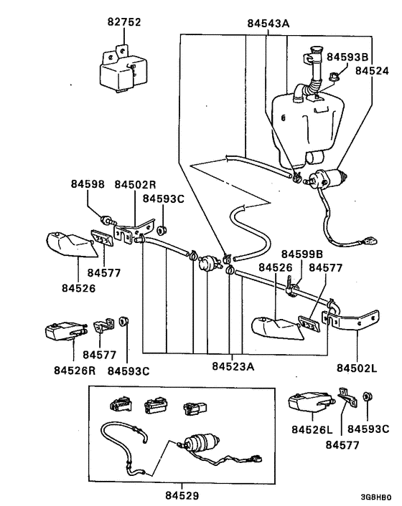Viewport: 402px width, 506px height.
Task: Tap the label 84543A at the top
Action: [x=267, y=24]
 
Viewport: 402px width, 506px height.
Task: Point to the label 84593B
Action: [x=347, y=56]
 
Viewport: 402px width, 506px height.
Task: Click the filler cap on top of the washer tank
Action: [x=314, y=52]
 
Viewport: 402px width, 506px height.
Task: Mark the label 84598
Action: [x=88, y=184]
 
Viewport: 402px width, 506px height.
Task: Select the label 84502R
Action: [x=137, y=184]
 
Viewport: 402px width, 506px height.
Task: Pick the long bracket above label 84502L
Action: [x=355, y=319]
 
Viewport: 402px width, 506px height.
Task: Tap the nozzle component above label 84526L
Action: [x=305, y=403]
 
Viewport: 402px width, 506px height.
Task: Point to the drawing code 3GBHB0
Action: [x=375, y=496]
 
